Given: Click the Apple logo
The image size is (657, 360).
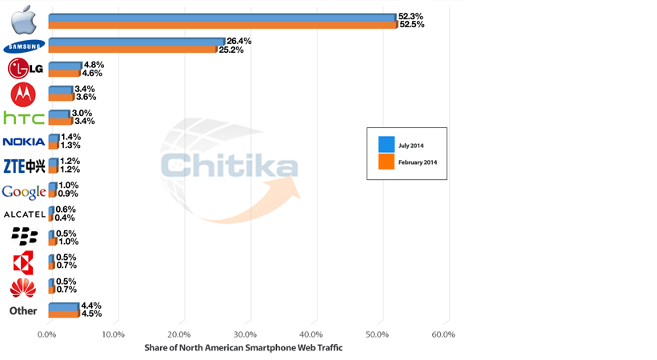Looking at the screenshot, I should tap(24, 19).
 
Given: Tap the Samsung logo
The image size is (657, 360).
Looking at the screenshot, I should tap(24, 46).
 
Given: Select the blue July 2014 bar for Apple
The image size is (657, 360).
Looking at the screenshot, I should tap(222, 17).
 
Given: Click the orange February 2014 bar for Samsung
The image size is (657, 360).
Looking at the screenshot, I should tap(133, 50).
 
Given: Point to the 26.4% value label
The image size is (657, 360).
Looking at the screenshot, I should tap(239, 41).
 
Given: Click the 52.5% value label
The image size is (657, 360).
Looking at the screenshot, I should tap(411, 25).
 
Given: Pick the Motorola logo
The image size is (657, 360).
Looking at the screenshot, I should tap(23, 94).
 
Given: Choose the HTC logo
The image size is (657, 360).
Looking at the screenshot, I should tap(24, 118).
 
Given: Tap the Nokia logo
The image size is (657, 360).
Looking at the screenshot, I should tap(24, 142).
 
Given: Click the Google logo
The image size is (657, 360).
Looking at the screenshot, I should tap(24, 191).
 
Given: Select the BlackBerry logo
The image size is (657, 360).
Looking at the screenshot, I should tap(24, 236).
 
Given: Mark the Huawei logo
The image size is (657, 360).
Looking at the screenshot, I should tap(23, 286).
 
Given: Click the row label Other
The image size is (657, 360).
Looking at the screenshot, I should tap(23, 310).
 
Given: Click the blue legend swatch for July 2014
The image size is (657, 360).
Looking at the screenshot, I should tap(387, 145).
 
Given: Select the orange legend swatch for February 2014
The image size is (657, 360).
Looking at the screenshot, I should tap(387, 162).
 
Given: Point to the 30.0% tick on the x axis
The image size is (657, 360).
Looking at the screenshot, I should tap(246, 334).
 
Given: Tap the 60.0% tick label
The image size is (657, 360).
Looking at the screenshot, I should tap(443, 334).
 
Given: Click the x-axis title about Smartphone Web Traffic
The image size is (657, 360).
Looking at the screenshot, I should tap(243, 348).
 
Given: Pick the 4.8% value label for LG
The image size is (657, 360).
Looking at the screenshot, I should tap(94, 65).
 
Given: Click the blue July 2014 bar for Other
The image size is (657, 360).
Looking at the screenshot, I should tap(63, 306).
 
